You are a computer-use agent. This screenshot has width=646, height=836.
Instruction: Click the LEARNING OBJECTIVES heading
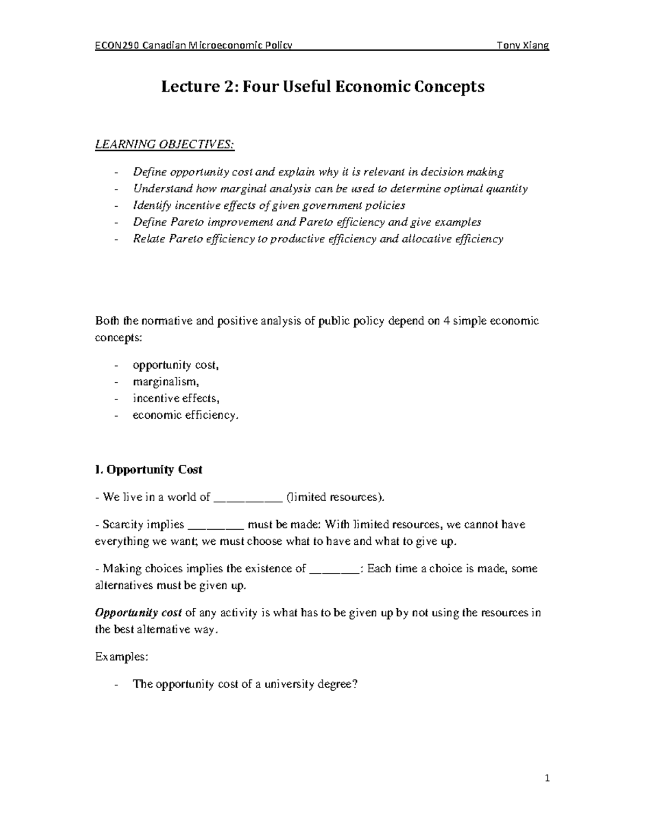(x=165, y=144)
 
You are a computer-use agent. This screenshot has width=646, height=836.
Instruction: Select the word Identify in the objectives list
(x=151, y=205)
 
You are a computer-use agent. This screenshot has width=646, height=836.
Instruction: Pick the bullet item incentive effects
(x=176, y=398)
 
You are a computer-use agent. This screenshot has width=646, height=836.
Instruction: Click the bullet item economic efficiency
(x=185, y=415)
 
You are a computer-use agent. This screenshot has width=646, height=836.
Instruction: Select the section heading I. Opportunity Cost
(x=148, y=469)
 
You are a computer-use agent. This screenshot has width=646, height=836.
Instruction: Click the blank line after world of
(x=248, y=498)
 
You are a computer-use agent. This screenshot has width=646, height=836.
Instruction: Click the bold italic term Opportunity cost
(x=138, y=613)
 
